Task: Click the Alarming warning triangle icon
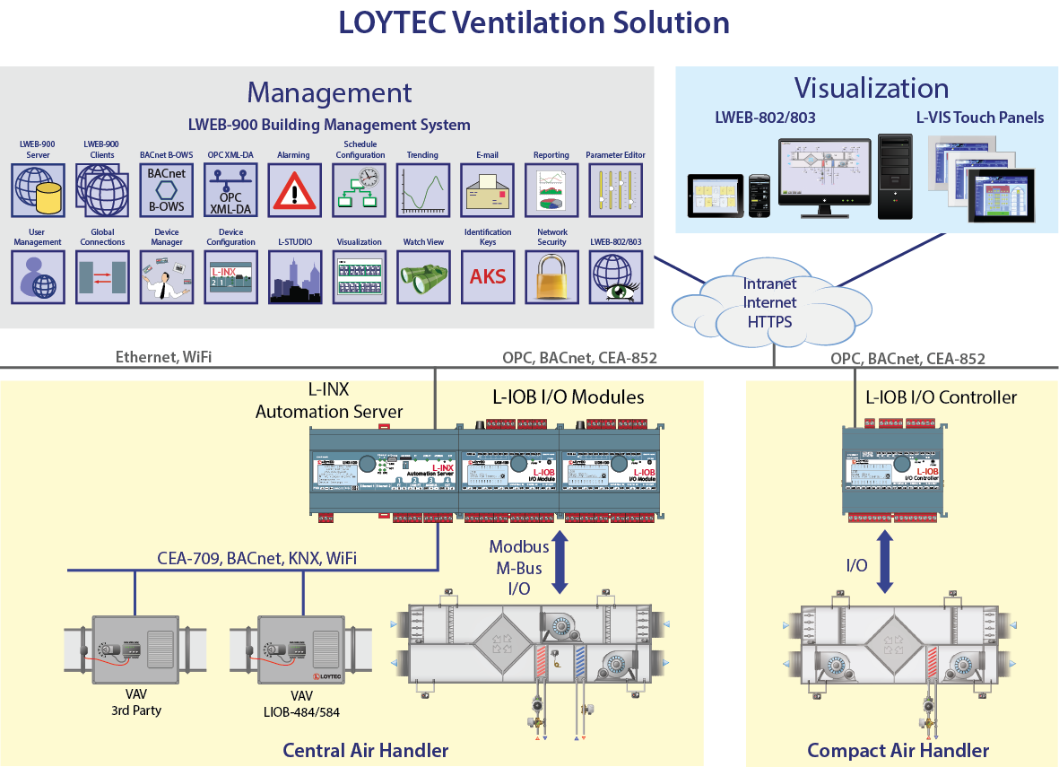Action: pos(294,190)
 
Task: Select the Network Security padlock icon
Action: pos(551,277)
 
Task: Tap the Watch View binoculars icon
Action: pos(423,277)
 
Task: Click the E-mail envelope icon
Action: pos(487,190)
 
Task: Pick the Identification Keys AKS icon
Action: pos(488,277)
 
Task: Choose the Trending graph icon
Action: pos(423,190)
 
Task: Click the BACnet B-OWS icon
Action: pos(166,190)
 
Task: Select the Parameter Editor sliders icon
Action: pos(616,190)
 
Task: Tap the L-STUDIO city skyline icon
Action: pos(295,277)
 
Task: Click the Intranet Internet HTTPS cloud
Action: pos(768,301)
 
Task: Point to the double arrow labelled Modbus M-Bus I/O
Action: pos(561,562)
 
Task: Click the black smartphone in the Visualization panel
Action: pos(760,196)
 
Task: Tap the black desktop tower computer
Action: pos(895,176)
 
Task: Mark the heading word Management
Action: pos(329,92)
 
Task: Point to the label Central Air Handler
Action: pos(366,750)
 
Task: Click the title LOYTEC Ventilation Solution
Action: pos(534,23)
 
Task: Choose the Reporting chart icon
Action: pos(551,190)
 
